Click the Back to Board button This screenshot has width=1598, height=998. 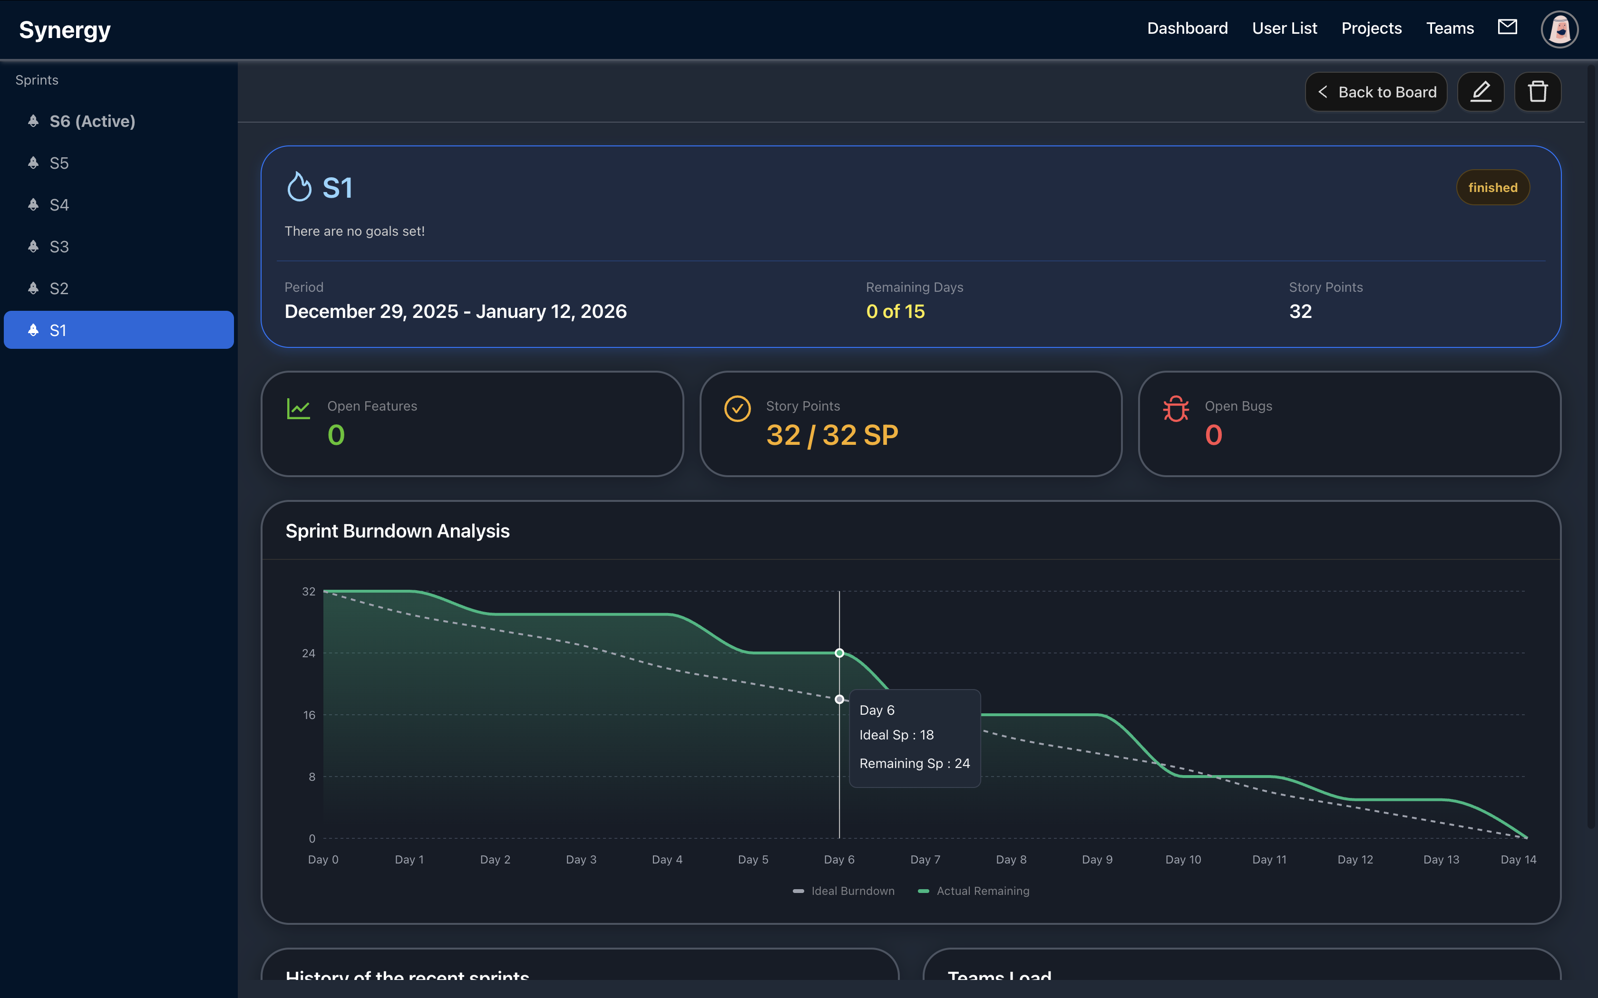(1376, 92)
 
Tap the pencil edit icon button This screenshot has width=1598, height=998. (1481, 92)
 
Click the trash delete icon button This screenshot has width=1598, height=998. (1537, 92)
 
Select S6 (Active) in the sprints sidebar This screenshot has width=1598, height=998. (92, 122)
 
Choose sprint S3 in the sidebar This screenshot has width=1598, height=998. (59, 247)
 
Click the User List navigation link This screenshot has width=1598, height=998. (1284, 29)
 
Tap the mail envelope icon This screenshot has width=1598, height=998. (1507, 27)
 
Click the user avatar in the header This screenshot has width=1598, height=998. (1559, 29)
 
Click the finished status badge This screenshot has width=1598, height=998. (1492, 187)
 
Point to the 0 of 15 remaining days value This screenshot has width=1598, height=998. (895, 312)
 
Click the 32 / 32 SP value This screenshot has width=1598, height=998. (832, 435)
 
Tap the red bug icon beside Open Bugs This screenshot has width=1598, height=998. (1175, 409)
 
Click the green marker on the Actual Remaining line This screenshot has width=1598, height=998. (839, 653)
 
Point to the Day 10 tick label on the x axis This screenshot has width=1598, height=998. (1183, 859)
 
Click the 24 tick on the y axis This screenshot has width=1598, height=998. (308, 653)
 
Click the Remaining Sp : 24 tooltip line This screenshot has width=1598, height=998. (914, 764)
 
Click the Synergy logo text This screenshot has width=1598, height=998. (65, 29)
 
